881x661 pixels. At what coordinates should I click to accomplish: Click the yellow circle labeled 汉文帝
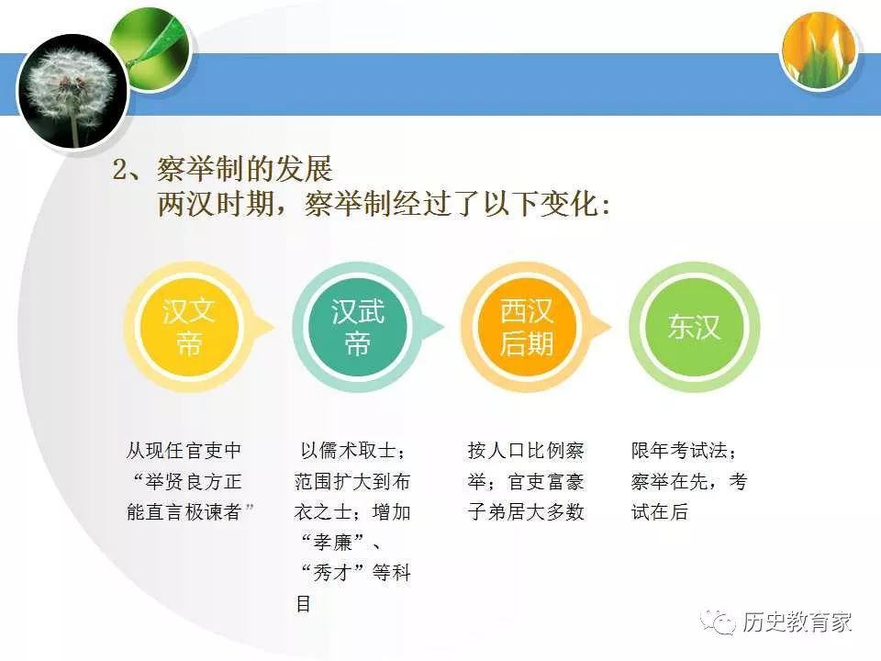click(x=189, y=328)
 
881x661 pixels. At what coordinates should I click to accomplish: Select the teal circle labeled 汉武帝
click(x=358, y=328)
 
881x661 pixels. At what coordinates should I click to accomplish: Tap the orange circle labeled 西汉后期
click(x=526, y=328)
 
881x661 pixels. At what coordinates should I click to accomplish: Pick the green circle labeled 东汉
click(x=695, y=328)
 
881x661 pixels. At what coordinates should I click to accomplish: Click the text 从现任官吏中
click(x=184, y=452)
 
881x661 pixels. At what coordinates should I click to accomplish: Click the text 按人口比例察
click(x=526, y=452)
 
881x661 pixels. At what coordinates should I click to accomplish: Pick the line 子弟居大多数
click(x=526, y=512)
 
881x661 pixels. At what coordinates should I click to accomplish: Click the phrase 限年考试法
click(x=679, y=452)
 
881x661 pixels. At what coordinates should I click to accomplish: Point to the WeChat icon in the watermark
click(x=719, y=622)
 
